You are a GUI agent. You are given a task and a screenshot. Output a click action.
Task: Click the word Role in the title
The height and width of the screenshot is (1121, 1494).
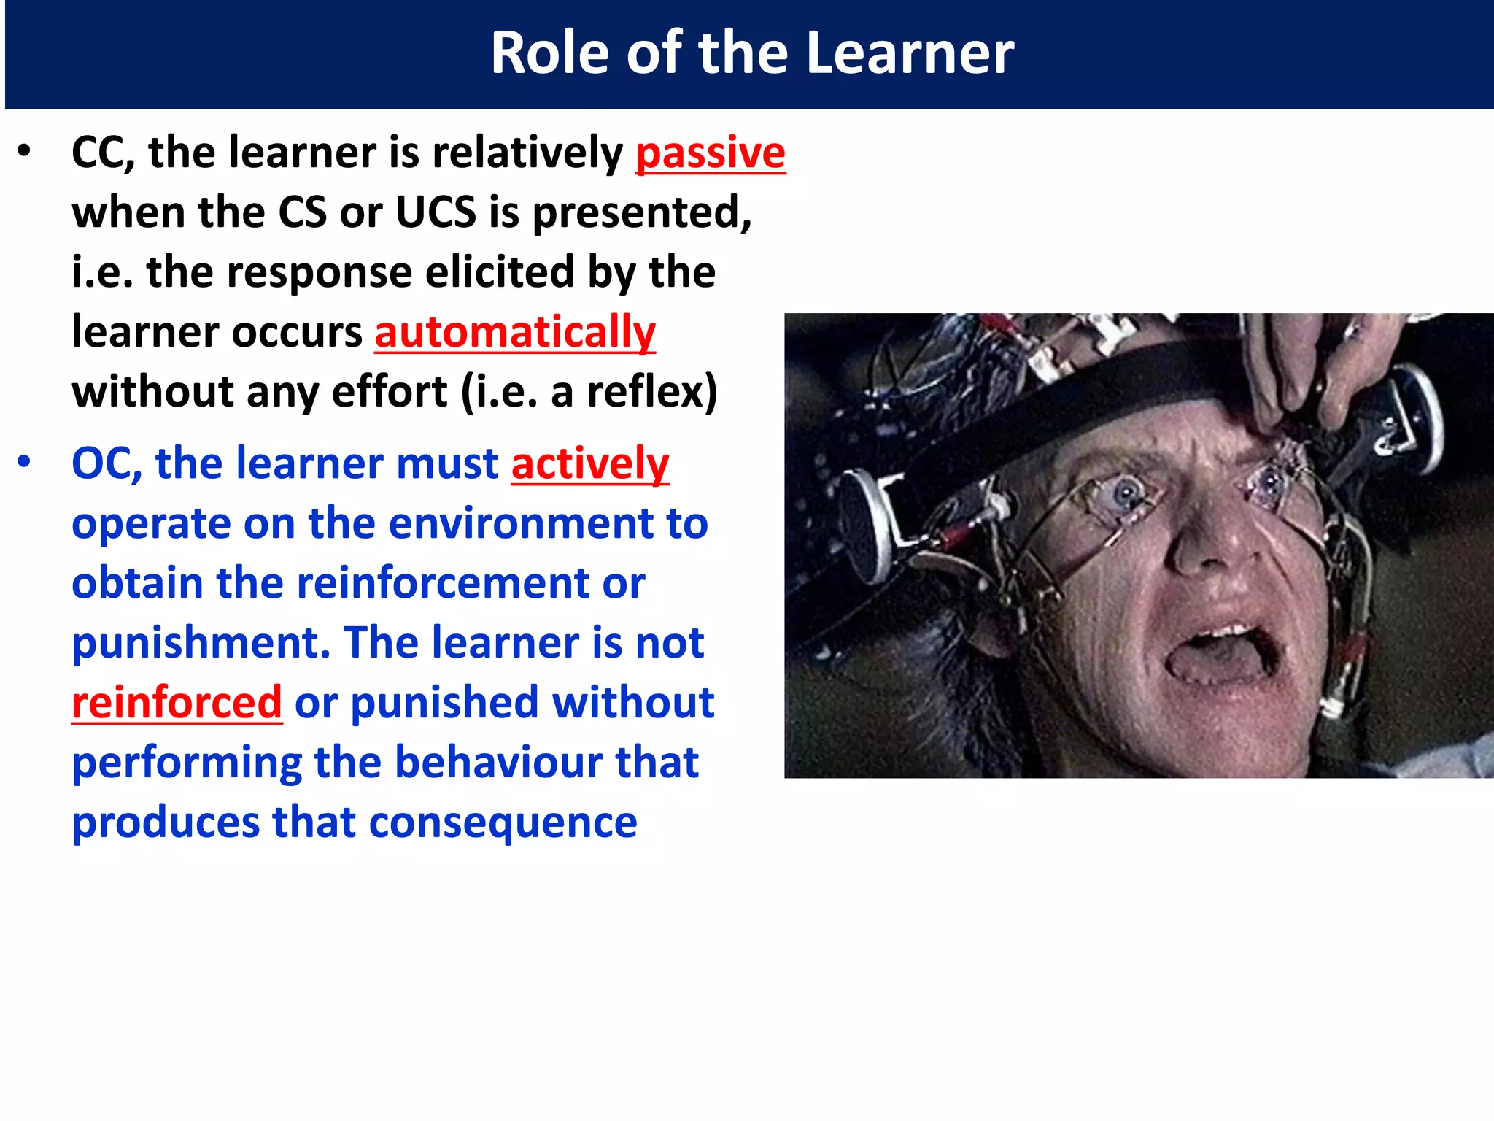(x=549, y=53)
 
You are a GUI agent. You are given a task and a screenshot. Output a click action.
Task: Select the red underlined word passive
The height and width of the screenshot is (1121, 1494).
(x=711, y=153)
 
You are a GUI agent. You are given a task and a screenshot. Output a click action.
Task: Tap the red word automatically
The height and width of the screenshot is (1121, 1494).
(x=515, y=333)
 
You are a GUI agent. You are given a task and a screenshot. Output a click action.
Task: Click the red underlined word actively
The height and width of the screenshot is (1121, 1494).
(x=589, y=464)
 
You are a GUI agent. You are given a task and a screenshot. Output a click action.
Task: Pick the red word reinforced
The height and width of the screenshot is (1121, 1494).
(x=177, y=703)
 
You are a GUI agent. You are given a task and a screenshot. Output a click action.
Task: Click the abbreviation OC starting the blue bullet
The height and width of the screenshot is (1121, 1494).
(x=102, y=464)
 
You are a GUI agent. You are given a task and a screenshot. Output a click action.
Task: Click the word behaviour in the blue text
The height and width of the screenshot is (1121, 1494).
(x=499, y=763)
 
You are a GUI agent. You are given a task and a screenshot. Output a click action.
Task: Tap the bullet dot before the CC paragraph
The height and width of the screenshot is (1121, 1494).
(x=25, y=152)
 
